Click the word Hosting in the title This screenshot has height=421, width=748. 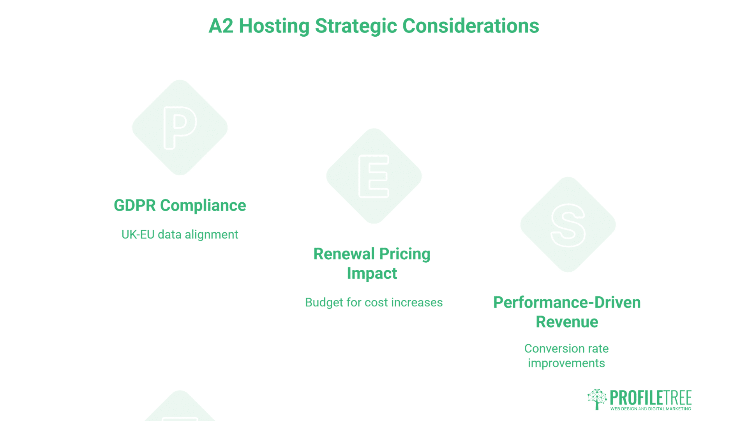274,26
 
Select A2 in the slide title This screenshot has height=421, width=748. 221,26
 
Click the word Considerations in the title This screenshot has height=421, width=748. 471,26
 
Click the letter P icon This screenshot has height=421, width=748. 180,127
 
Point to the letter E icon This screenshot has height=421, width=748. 374,176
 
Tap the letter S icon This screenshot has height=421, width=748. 568,225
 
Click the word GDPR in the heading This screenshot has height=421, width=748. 134,205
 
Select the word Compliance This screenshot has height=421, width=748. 203,205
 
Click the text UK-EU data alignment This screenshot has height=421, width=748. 180,234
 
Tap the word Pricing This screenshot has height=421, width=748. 405,254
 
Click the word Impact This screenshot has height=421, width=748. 372,273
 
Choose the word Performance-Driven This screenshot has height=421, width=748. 567,302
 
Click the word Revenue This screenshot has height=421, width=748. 567,322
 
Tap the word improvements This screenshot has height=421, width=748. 566,363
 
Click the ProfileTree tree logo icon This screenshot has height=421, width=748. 597,399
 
